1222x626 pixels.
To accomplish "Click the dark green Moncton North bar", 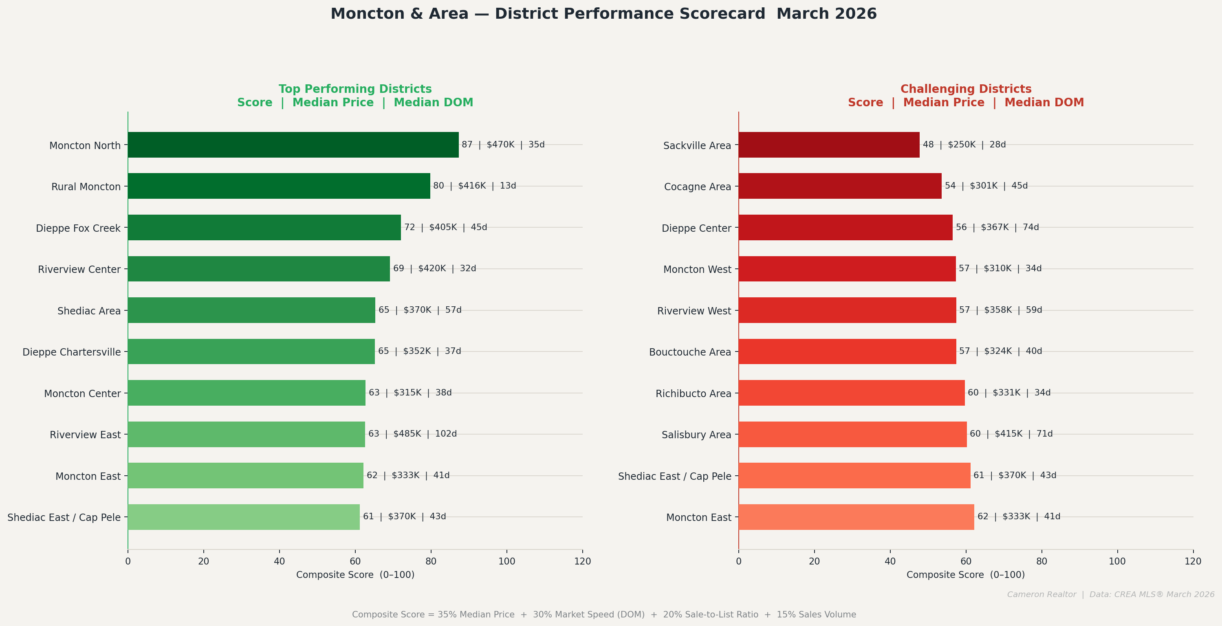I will [x=293, y=145].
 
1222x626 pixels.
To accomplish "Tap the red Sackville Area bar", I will [x=828, y=145].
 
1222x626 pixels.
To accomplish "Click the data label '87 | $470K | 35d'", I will [x=503, y=145].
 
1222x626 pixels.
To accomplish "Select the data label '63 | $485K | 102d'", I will [x=412, y=434].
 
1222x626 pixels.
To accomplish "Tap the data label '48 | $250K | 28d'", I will [x=964, y=145].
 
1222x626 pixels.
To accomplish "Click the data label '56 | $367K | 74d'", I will [x=997, y=227].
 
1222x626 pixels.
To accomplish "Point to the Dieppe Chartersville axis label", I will [x=72, y=352].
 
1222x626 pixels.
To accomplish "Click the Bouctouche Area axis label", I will [x=690, y=352].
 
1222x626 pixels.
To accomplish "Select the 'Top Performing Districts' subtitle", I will [x=355, y=89].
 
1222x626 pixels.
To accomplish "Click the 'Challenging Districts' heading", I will [x=965, y=89].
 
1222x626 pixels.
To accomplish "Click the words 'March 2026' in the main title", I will [x=826, y=14].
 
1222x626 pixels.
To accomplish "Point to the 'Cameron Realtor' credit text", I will [x=1041, y=595].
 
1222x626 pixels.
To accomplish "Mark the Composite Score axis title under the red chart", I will [x=965, y=575].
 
